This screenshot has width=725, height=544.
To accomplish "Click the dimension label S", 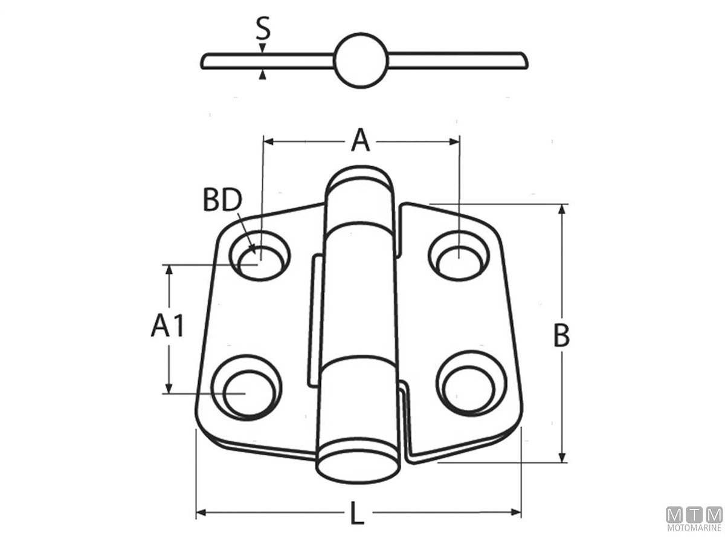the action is [263, 28].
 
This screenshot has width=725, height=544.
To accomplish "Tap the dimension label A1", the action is [167, 325].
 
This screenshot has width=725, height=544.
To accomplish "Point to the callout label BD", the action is [222, 199].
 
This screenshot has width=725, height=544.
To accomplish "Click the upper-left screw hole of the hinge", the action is [260, 256].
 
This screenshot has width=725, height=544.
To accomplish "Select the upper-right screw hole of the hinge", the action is [459, 256].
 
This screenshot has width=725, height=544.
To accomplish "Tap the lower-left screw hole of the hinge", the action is [246, 387].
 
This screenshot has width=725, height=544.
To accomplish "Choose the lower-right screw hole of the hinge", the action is [471, 384].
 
